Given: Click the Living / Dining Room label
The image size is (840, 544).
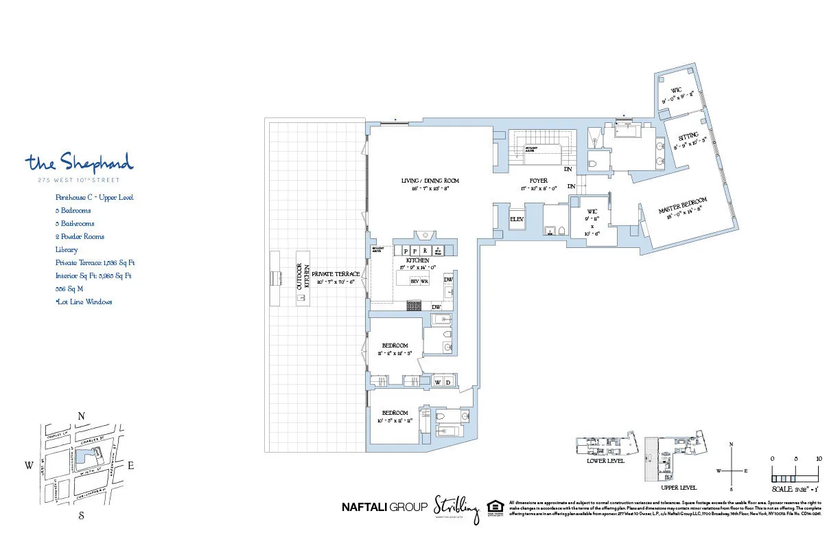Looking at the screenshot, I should (x=430, y=181).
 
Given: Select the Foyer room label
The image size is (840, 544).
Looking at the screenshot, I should (x=537, y=181).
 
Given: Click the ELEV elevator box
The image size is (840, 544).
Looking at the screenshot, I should (x=516, y=219).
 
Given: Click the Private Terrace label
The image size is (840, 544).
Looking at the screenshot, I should (x=335, y=274).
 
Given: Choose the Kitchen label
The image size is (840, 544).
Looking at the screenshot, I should (x=417, y=261).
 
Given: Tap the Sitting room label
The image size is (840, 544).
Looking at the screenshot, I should (x=688, y=135).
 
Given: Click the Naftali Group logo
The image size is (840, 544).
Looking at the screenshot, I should (x=384, y=507).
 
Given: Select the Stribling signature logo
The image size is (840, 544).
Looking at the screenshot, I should (x=456, y=509).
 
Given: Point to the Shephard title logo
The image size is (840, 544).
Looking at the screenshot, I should (x=79, y=163).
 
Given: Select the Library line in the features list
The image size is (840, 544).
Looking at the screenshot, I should (x=67, y=250).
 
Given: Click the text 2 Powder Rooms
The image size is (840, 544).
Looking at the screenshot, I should (x=80, y=237).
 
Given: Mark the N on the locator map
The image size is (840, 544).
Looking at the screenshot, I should (x=81, y=416).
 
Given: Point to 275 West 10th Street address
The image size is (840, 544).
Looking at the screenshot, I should (x=79, y=181).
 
